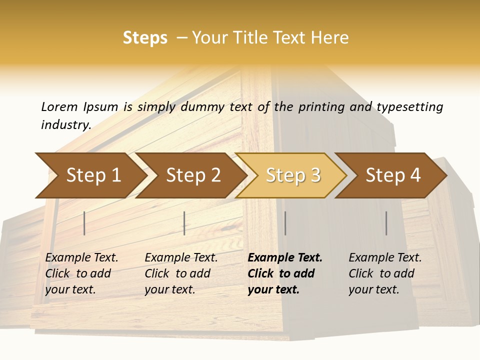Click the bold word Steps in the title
tap(145, 38)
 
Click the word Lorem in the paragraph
tap(59, 106)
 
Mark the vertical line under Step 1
tap(84, 223)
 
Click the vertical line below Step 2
tap(184, 223)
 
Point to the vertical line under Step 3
tap(285, 223)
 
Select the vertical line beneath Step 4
tap(386, 223)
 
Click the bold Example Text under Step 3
tap(285, 257)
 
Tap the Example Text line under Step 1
tap(81, 257)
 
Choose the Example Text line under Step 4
tap(385, 257)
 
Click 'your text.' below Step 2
tap(170, 289)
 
